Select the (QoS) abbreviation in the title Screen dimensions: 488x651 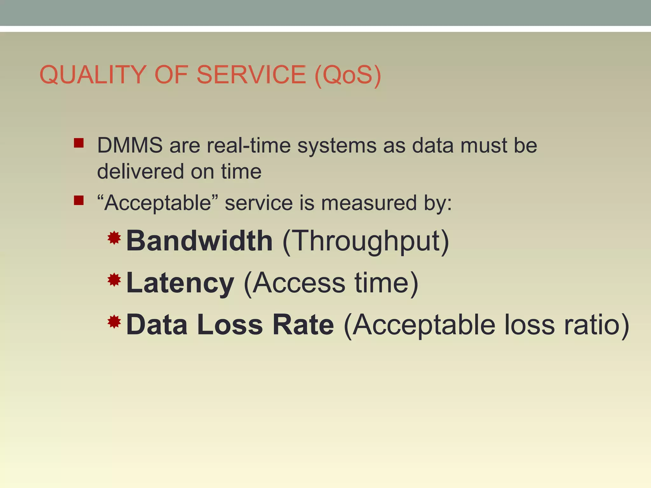point(348,75)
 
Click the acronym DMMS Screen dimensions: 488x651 point(130,146)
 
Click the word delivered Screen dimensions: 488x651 point(140,172)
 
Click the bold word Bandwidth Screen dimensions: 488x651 point(199,241)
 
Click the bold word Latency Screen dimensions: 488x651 point(180,283)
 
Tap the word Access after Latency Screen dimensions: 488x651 point(299,283)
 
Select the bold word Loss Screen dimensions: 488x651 point(230,325)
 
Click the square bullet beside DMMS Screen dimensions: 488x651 point(79,143)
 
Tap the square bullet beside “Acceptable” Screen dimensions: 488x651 point(79,200)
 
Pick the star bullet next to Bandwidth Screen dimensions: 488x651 point(114,238)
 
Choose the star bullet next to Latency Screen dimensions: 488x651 point(114,280)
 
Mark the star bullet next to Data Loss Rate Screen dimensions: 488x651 point(114,322)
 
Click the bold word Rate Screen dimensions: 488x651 point(303,325)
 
